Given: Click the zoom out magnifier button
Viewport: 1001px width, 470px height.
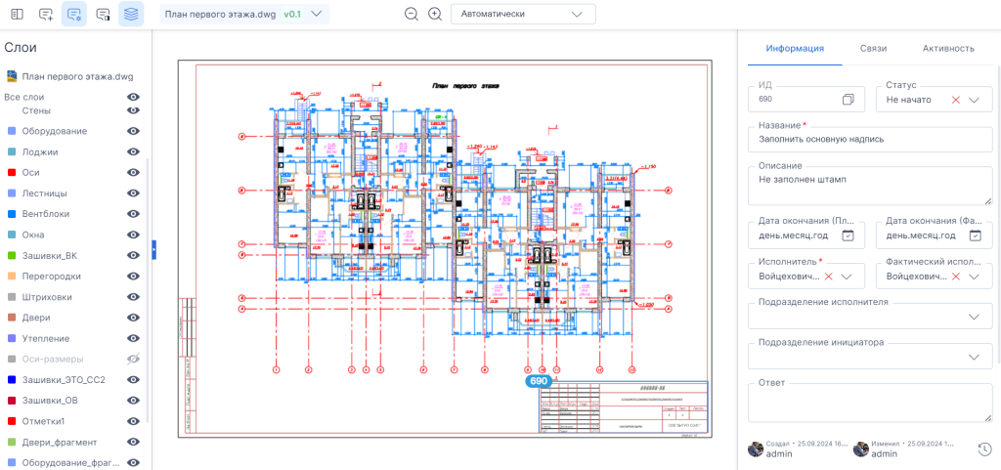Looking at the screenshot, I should point(412,14).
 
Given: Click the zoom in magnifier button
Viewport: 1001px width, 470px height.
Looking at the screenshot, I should point(435,14).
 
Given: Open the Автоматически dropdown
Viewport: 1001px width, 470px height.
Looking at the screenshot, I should point(523,14).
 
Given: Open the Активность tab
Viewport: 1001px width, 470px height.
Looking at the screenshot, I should point(948,48).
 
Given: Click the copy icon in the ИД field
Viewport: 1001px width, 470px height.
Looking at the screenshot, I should point(848,100).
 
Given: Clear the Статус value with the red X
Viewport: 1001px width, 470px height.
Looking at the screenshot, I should point(955,100).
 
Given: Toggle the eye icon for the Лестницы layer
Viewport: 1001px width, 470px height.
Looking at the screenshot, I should point(134,193).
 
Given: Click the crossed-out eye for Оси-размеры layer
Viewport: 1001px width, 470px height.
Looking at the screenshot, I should point(134,360).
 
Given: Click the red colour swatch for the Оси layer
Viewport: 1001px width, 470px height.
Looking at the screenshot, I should point(12,173).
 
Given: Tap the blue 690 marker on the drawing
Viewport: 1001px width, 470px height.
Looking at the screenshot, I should point(539,382).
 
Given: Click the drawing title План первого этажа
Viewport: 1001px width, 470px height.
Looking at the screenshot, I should point(465,86).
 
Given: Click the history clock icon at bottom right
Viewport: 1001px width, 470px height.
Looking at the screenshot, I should point(984,449).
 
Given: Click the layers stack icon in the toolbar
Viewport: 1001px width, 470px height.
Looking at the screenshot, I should point(131,14).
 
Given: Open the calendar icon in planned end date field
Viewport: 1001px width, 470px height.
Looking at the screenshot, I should point(848,235).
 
